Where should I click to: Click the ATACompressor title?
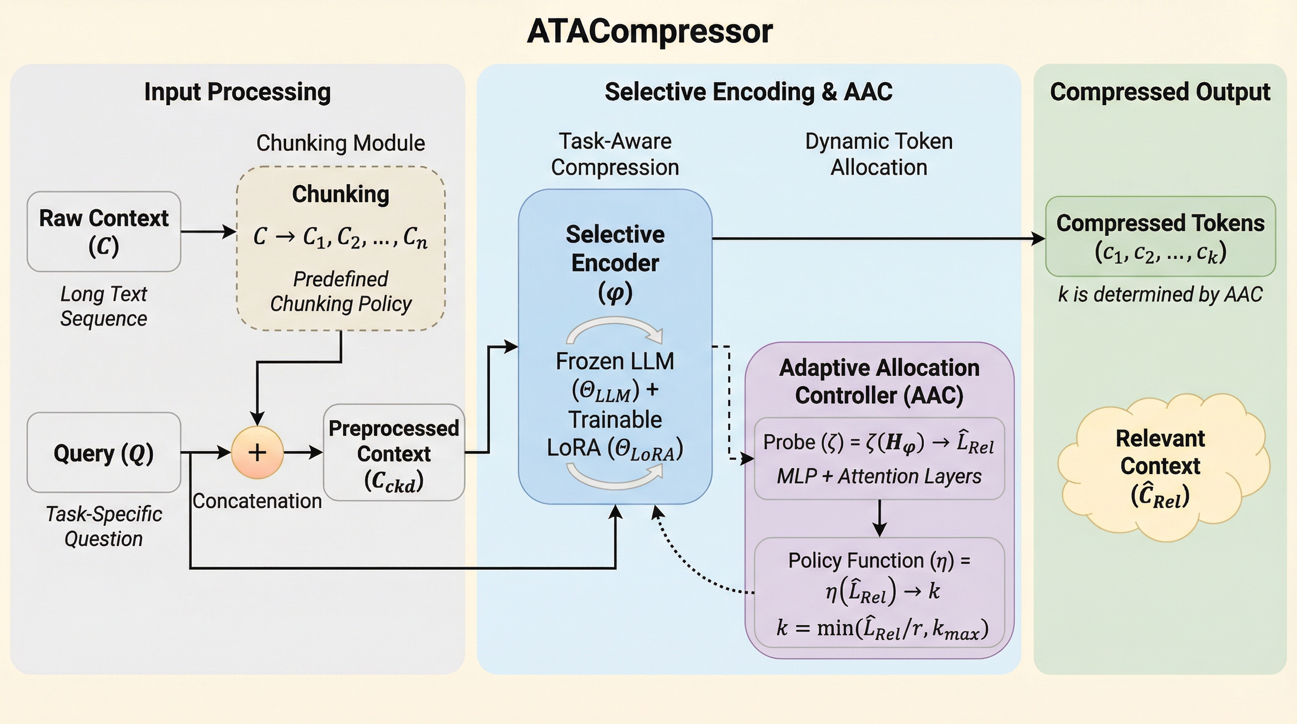pos(649,31)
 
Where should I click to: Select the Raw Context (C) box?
pos(104,231)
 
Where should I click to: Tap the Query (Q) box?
pos(104,452)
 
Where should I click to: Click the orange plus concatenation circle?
pos(257,452)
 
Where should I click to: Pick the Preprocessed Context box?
pos(394,452)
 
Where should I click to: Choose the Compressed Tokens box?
pos(1160,237)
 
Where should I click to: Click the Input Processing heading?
pos(238,92)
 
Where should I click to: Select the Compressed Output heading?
pos(1160,92)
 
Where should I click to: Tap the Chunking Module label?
pos(340,143)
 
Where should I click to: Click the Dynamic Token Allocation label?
pos(878,154)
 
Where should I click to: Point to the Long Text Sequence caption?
pos(104,306)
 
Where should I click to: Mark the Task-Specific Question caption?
pos(104,526)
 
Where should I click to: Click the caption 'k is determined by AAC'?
pos(1160,295)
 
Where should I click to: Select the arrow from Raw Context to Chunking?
pos(208,231)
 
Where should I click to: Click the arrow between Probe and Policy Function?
pos(879,518)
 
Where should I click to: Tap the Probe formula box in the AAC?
pos(879,458)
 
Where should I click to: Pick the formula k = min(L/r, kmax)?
pos(882,628)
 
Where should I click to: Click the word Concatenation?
pos(257,501)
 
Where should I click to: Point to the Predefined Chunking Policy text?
pos(341,291)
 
